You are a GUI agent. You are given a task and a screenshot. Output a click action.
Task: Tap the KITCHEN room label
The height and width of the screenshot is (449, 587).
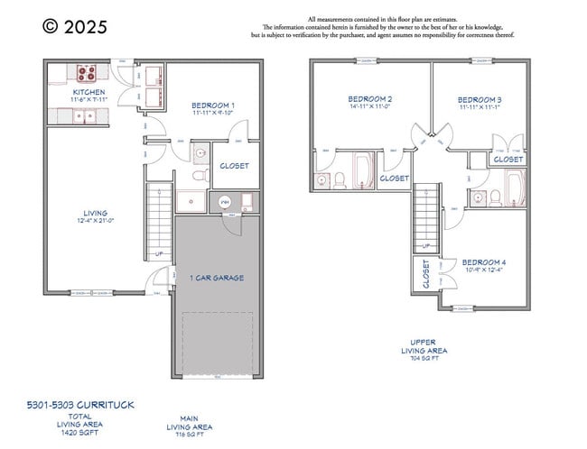[x=89, y=92]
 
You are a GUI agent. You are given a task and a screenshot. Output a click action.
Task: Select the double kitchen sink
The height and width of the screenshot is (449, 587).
[x=83, y=115]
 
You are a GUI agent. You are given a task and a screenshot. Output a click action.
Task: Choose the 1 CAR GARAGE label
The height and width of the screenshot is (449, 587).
[x=217, y=278]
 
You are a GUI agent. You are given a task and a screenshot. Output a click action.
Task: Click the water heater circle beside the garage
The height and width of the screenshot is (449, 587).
[x=226, y=202]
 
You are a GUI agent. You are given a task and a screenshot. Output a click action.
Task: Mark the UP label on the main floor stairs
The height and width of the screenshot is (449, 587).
[x=160, y=253]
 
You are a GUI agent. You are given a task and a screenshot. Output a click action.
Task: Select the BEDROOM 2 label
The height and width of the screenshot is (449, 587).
[x=369, y=98]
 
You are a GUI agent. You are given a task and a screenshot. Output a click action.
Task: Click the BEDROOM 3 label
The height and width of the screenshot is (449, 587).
[x=480, y=99]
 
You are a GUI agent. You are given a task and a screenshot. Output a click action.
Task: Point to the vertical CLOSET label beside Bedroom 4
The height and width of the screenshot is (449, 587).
[x=425, y=275]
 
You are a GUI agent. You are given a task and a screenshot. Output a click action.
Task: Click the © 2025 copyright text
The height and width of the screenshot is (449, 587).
[x=75, y=27]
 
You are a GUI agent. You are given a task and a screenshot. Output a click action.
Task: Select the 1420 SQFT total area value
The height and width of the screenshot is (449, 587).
[x=80, y=433]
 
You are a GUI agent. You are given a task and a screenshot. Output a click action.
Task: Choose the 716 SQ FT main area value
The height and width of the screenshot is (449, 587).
[x=190, y=434]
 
